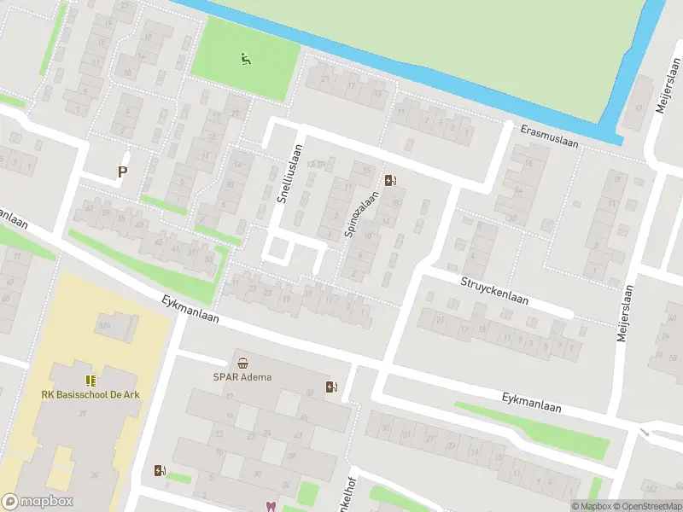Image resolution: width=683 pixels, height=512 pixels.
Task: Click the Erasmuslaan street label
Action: [550, 137]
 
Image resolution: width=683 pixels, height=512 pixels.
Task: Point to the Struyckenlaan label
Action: [494, 291]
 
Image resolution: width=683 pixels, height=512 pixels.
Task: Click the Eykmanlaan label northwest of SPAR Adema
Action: [190, 308]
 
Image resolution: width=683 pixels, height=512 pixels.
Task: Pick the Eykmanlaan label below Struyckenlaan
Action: [532, 402]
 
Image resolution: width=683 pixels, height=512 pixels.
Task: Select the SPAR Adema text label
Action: [242, 376]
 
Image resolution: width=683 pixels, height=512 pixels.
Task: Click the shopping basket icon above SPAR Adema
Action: [243, 362]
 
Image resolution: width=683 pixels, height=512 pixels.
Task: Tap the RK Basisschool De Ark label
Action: [89, 394]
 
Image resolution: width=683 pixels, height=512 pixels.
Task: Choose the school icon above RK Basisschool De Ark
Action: [89, 380]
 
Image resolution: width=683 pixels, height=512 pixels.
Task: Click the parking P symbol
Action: [122, 172]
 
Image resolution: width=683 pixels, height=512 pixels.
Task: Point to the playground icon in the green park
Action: [246, 59]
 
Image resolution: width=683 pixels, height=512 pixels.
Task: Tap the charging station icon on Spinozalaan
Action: [391, 180]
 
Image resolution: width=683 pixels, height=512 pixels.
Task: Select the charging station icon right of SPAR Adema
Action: [331, 387]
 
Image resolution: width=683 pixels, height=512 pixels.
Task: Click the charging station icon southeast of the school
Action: [160, 469]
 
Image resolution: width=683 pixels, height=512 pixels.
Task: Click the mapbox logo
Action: [38, 502]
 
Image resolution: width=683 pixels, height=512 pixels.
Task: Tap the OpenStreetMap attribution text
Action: [647, 506]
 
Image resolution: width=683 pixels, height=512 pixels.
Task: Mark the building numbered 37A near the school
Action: [106, 325]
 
